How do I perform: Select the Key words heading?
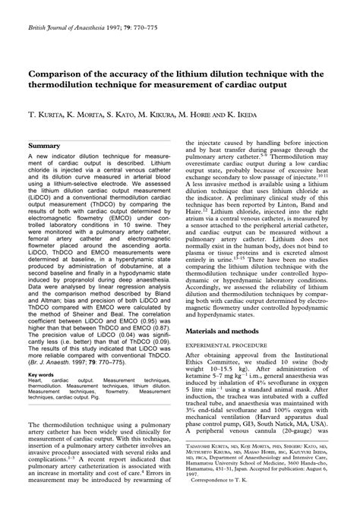(41, 374)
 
